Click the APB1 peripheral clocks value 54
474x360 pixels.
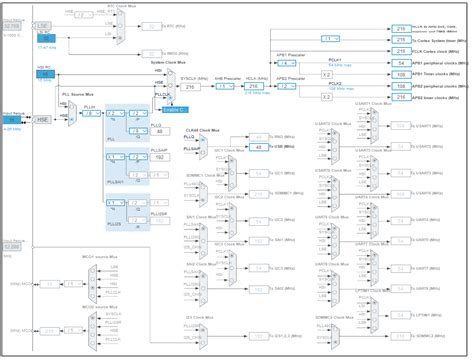[x=399, y=62]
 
